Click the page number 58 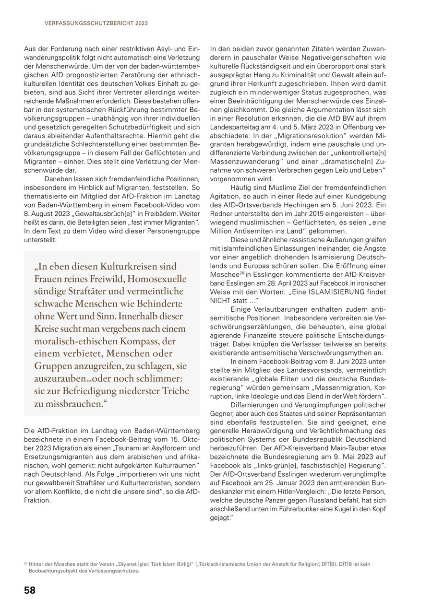(x=30, y=590)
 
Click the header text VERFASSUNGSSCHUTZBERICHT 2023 (x=96, y=23)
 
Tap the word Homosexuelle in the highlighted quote (x=158, y=279)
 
